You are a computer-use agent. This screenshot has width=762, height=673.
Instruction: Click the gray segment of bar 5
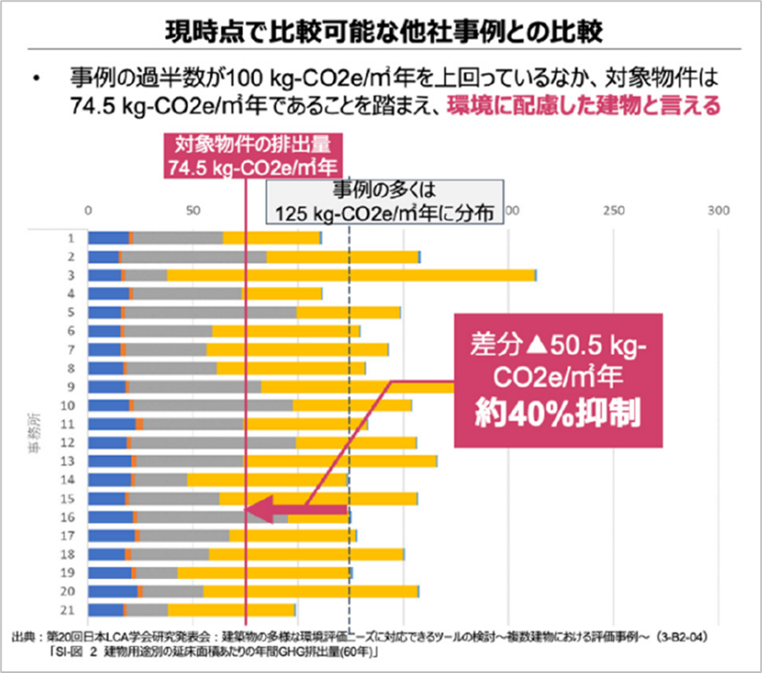pyautogui.click(x=210, y=313)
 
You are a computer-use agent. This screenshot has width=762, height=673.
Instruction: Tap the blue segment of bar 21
pyautogui.click(x=105, y=610)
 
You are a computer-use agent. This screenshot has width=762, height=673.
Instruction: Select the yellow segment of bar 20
pyautogui.click(x=310, y=592)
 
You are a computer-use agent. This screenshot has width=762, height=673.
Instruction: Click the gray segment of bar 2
pyautogui.click(x=194, y=256)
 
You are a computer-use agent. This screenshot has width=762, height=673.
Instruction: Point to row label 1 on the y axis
pyautogui.click(x=73, y=238)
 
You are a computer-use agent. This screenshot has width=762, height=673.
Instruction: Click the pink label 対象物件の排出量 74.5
pyautogui.click(x=245, y=153)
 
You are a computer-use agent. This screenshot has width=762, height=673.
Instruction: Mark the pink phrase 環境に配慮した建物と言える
pyautogui.click(x=584, y=107)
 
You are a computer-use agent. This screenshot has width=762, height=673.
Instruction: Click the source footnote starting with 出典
pyautogui.click(x=360, y=643)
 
